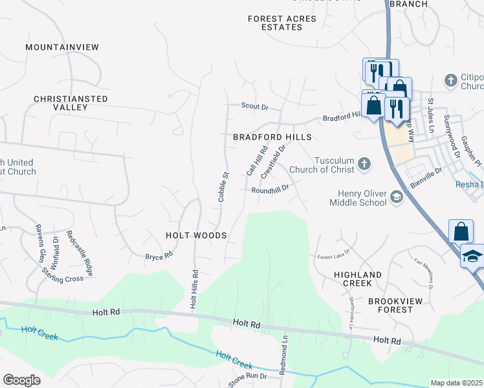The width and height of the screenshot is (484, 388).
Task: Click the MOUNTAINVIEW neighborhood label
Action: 62,47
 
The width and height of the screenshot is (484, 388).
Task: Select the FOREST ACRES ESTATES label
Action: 282,23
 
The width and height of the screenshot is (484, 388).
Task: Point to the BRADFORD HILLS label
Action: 272,138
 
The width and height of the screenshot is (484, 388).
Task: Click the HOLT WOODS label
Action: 196,236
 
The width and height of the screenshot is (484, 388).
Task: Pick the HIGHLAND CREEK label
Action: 353,279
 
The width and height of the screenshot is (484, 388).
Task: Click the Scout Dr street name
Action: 254,106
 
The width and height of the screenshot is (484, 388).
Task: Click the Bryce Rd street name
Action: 159,257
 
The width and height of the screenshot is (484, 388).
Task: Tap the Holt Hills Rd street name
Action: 193,288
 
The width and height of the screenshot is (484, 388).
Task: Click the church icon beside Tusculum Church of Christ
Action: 364,164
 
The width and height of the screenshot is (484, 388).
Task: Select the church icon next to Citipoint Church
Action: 450,81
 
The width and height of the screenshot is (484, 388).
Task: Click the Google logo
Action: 21,380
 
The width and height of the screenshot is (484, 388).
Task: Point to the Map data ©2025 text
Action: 457,383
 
